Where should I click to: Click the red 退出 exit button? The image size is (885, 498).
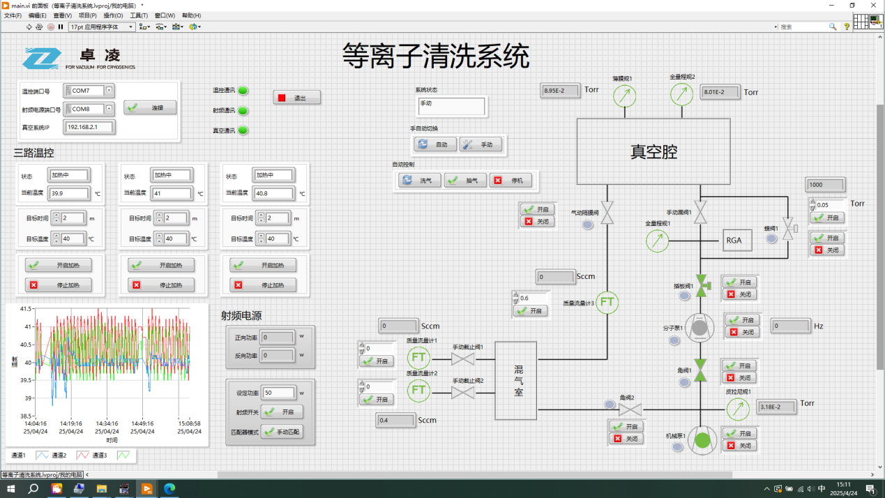click(297, 98)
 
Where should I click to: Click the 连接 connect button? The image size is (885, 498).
click(150, 107)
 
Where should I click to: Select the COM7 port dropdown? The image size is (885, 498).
click(88, 91)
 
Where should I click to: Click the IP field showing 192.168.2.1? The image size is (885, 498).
click(89, 127)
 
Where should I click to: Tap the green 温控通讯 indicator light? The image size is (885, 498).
click(243, 91)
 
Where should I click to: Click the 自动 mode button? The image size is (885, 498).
click(435, 144)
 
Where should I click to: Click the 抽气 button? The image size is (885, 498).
click(465, 180)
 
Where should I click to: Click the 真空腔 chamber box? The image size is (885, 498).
click(653, 151)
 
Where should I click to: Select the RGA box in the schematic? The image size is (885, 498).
click(734, 241)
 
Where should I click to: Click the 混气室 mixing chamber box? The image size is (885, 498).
click(516, 380)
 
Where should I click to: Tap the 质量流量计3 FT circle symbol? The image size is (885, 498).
click(607, 302)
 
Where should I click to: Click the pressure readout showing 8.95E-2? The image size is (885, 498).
click(560, 91)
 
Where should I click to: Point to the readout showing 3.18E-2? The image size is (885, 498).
click(776, 407)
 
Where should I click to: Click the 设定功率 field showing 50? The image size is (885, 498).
click(278, 393)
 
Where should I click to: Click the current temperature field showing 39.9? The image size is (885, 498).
click(69, 193)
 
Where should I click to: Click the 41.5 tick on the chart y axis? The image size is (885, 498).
click(25, 308)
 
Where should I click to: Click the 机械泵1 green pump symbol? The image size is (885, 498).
click(702, 440)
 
